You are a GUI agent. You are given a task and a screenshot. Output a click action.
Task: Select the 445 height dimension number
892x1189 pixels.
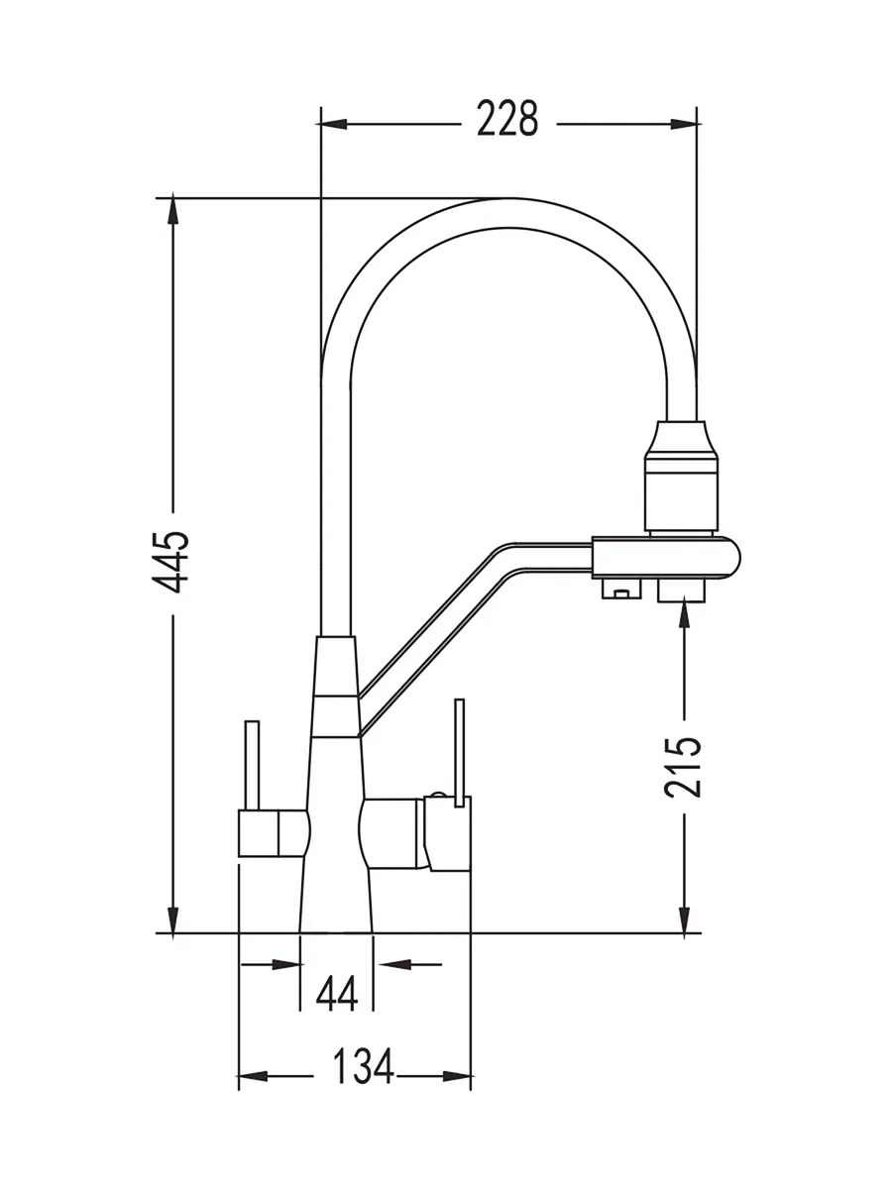[170, 563]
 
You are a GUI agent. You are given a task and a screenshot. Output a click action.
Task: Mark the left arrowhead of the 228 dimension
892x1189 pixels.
[331, 125]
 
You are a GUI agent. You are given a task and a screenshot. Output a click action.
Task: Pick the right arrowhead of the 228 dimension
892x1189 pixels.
[685, 125]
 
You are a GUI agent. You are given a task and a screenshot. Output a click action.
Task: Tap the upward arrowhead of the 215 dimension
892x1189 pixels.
[685, 611]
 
